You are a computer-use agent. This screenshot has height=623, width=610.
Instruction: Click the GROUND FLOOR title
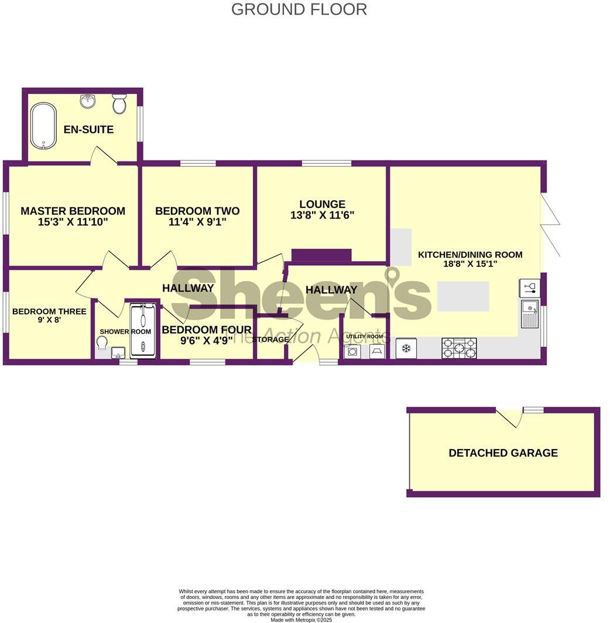coord(299,9)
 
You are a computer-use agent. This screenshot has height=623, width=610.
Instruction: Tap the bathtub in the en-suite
coord(43,126)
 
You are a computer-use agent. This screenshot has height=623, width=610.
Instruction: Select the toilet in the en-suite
coord(119,104)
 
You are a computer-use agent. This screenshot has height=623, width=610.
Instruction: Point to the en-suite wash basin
coord(88,101)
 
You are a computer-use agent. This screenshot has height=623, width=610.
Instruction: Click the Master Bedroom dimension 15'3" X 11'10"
coord(73,222)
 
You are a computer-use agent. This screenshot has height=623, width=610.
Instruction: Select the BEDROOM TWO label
coord(197,211)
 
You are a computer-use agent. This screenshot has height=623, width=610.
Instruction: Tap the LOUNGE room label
coord(322,204)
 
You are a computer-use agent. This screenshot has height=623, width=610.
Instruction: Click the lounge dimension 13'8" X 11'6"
coord(322,215)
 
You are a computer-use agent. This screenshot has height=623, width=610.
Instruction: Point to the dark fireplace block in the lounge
coord(321,255)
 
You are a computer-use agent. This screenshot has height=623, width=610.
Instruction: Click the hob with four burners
coord(459,348)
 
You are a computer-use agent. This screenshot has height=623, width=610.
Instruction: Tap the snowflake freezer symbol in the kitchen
coord(405,349)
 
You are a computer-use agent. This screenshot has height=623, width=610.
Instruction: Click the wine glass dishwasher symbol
coord(529,287)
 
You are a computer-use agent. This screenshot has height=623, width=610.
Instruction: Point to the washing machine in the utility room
coord(353,351)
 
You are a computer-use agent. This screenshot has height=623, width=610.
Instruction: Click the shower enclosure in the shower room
coord(142,330)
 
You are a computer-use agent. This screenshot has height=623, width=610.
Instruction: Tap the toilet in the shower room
coord(102,348)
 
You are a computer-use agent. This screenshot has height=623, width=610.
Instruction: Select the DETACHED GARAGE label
coord(503,453)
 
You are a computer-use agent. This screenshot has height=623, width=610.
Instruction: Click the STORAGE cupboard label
coord(271,339)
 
